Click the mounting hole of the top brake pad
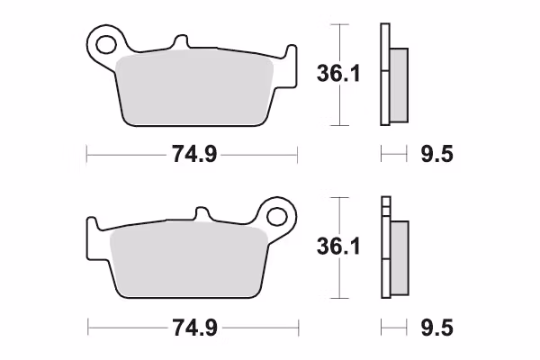pyautogui.click(x=105, y=44)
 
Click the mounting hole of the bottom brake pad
pyautogui.click(x=277, y=217)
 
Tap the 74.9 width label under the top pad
pyautogui.click(x=194, y=154)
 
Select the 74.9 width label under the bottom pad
pyautogui.click(x=194, y=328)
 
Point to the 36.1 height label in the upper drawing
pyautogui.click(x=338, y=74)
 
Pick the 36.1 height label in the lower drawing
pyautogui.click(x=338, y=247)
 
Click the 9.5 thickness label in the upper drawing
pyautogui.click(x=436, y=154)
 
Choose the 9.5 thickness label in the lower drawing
pyautogui.click(x=436, y=328)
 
